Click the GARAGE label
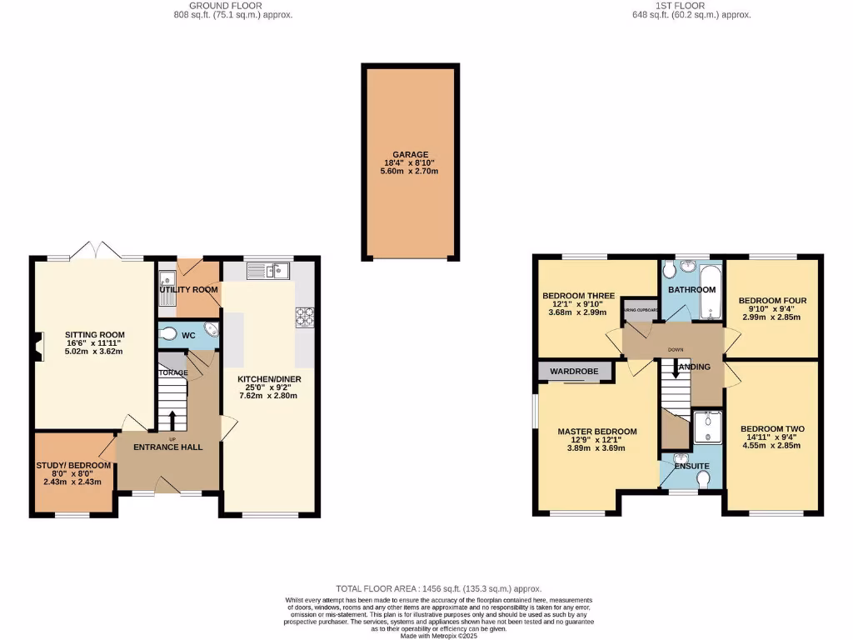(x=411, y=155)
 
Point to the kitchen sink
(x=267, y=270)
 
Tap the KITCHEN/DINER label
(x=269, y=379)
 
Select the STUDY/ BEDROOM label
(x=73, y=466)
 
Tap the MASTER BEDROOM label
(x=597, y=432)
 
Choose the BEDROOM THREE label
(x=578, y=296)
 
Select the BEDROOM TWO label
(x=773, y=429)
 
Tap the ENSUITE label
(x=692, y=466)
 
